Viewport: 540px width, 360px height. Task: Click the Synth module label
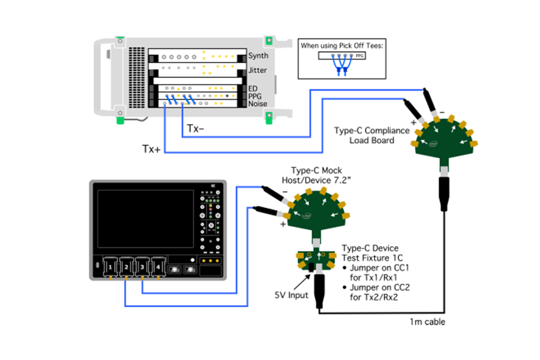tap(258, 56)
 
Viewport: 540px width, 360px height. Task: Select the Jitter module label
tap(258, 71)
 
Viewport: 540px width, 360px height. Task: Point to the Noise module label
tap(258, 104)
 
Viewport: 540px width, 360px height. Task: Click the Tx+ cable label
tap(151, 149)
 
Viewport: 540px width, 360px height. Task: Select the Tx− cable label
tap(196, 128)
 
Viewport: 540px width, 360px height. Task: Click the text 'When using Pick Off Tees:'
tap(342, 46)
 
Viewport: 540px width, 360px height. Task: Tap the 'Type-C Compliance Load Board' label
tap(371, 135)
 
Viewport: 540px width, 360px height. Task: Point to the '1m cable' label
tap(428, 322)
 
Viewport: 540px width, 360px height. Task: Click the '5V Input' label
tap(291, 295)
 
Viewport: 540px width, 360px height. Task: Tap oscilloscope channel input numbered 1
tap(110, 268)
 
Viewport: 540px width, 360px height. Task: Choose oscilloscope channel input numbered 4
tap(158, 268)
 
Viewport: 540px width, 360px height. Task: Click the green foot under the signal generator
tap(120, 120)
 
